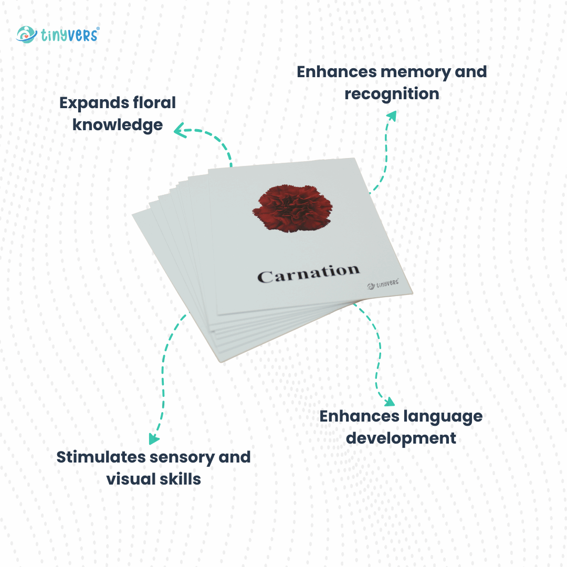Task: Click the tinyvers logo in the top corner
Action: (57, 35)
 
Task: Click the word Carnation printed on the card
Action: (309, 274)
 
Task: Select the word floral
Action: (156, 102)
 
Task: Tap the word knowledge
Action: (117, 125)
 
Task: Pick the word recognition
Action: (392, 94)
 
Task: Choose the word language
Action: (443, 416)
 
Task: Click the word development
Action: (401, 438)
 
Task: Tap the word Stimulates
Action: (100, 457)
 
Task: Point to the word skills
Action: (181, 479)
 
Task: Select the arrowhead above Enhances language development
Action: (388, 402)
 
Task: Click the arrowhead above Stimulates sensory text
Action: (153, 438)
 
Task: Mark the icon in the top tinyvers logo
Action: (26, 35)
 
